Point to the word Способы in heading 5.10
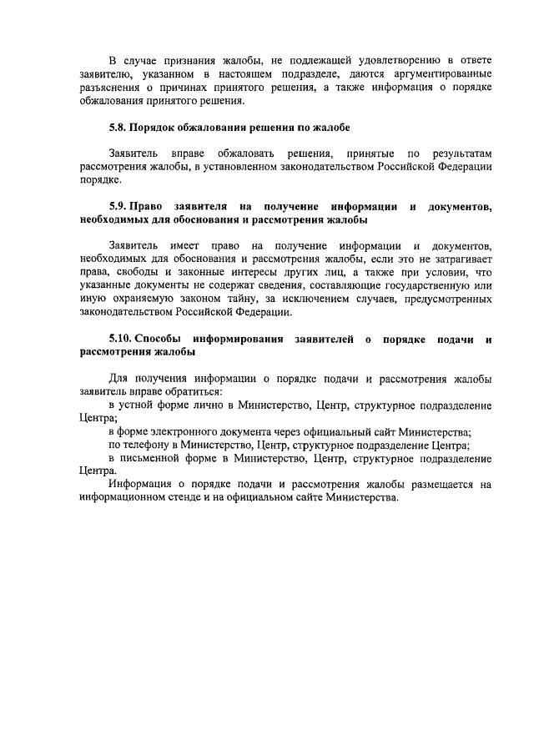[x=160, y=339]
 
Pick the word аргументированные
[x=440, y=75]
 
